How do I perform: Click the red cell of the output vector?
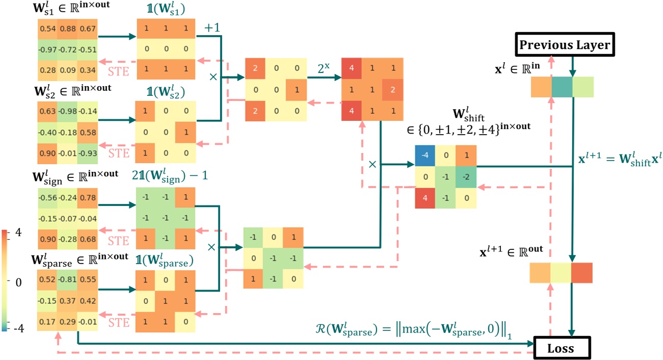coord(582,272)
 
